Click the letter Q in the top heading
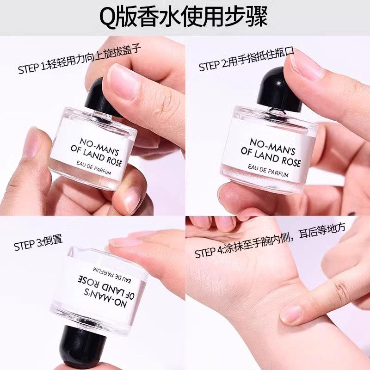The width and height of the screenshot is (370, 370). coord(109,18)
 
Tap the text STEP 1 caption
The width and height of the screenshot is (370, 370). coord(80,59)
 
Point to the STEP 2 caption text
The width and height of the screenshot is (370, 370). coord(247,59)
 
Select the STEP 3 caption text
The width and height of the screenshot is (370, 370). coord(38,242)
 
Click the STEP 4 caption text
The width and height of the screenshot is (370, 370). coord(270,240)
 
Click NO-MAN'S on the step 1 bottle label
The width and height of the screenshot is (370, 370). coord(99,147)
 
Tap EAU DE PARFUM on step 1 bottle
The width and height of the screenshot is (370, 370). coord(94,167)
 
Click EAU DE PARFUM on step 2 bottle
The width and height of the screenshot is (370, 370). coord(268,171)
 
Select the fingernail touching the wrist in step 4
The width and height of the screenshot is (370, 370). coord(291,314)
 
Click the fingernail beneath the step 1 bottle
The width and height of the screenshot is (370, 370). coord(132,200)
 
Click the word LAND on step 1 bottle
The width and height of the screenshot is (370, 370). coord(93,155)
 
